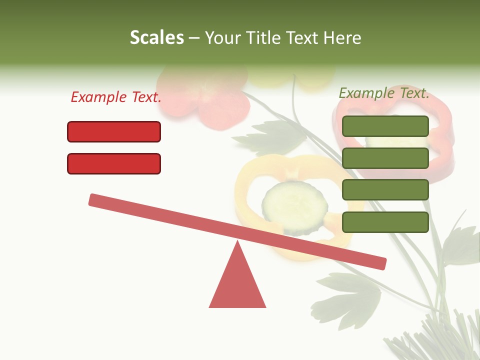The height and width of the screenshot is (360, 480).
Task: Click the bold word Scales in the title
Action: (156, 37)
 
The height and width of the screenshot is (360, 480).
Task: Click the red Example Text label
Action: (116, 97)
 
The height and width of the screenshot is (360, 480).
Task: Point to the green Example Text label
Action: (384, 93)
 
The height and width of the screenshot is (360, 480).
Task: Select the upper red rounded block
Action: (114, 132)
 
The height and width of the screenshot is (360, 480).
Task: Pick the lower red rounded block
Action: (114, 163)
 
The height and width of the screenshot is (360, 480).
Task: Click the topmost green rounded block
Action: (385, 126)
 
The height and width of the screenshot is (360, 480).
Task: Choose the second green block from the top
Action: (385, 158)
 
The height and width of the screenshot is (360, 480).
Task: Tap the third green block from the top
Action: (385, 190)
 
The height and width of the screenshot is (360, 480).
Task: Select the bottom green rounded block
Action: (385, 222)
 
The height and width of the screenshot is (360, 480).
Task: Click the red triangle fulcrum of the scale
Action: (237, 282)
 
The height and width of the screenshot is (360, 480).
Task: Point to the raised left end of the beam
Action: (95, 199)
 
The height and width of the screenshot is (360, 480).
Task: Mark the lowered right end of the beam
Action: (380, 263)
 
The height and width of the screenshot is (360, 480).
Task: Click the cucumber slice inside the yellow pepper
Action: (294, 205)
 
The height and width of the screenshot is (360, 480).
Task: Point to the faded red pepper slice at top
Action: (210, 97)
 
